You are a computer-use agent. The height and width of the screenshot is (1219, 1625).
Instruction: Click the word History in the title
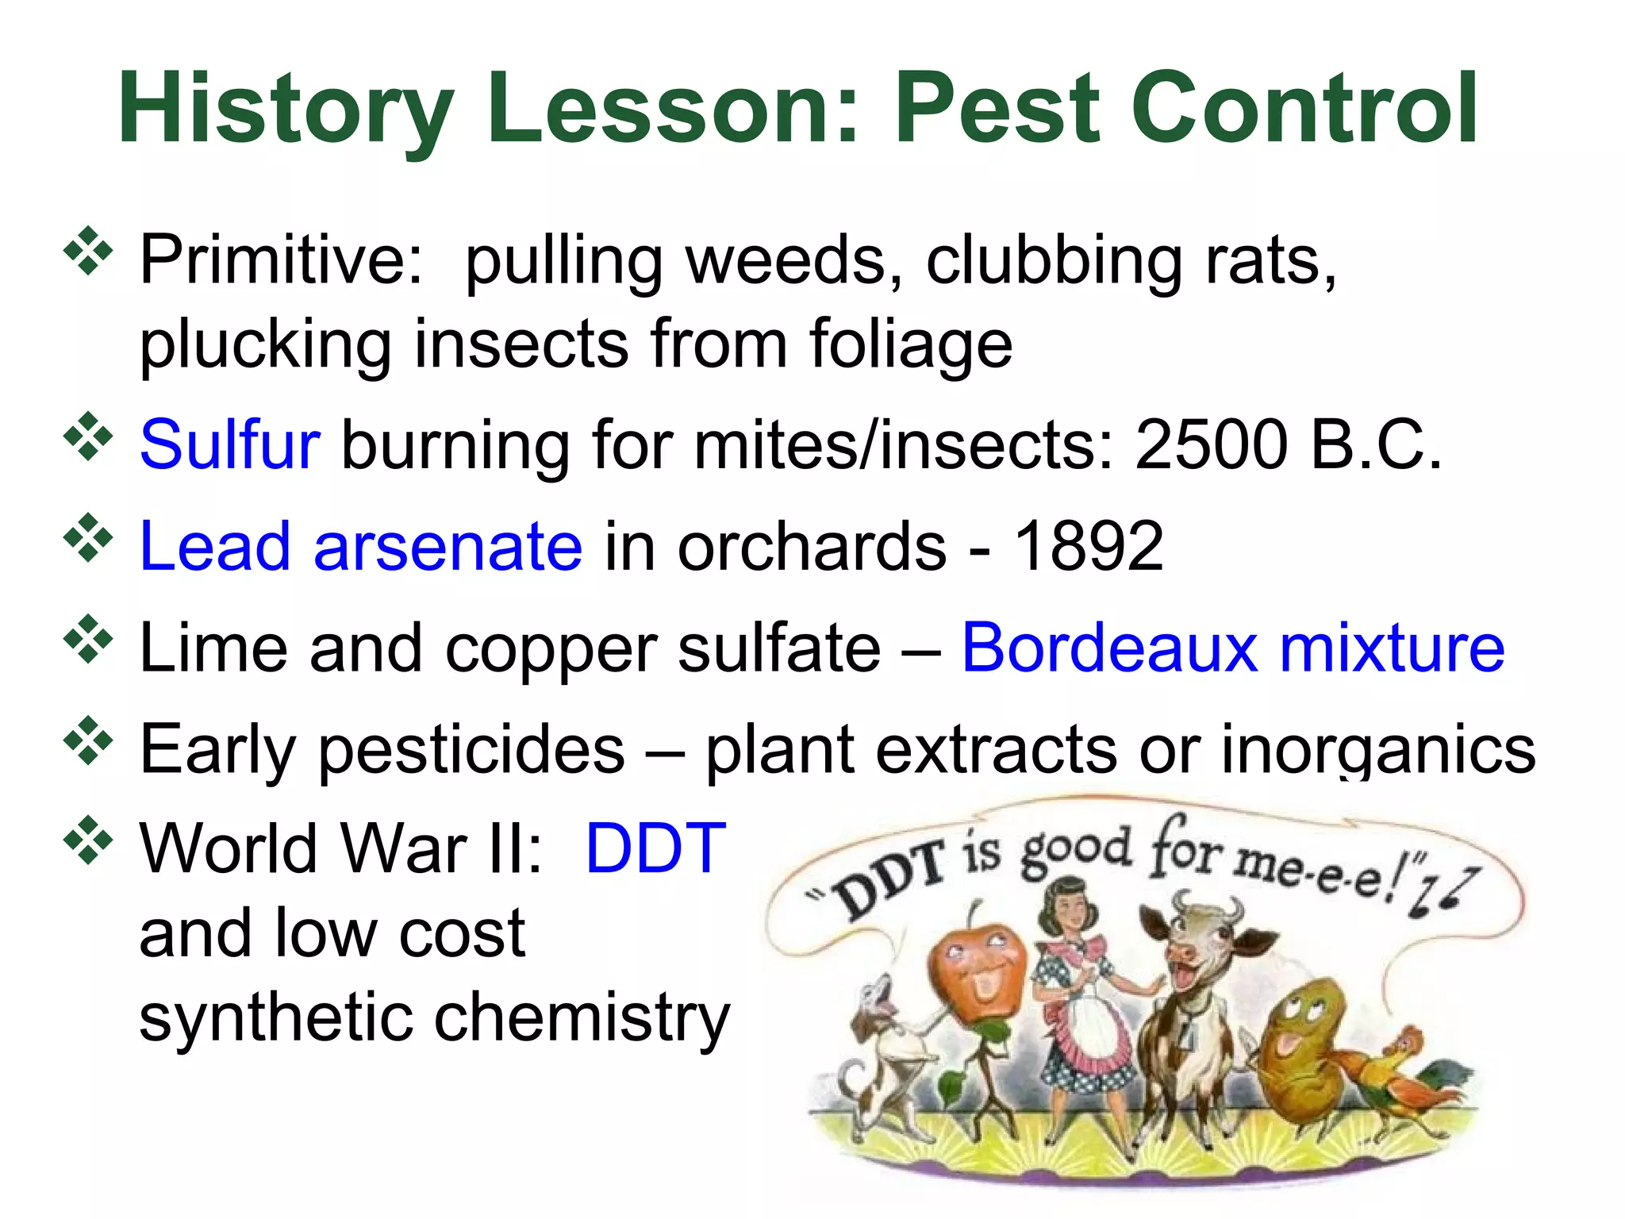pyautogui.click(x=286, y=110)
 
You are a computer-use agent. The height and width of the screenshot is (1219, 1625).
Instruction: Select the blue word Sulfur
pyautogui.click(x=229, y=444)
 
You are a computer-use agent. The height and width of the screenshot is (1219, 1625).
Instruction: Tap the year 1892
pyautogui.click(x=1089, y=546)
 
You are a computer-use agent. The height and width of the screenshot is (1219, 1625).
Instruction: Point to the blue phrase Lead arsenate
pyautogui.click(x=361, y=546)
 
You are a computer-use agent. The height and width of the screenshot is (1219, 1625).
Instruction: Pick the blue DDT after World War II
pyautogui.click(x=655, y=848)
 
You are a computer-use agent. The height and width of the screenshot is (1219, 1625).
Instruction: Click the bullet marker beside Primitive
pyautogui.click(x=88, y=252)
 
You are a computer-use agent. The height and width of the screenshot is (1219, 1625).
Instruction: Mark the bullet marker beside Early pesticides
pyautogui.click(x=88, y=740)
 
